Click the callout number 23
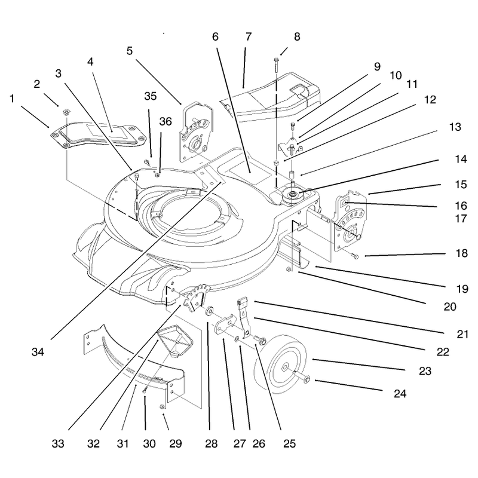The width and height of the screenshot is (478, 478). click(425, 371)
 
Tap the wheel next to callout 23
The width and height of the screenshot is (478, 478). click(280, 364)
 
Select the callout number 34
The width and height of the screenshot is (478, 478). click(38, 352)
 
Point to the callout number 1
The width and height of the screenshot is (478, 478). click(12, 99)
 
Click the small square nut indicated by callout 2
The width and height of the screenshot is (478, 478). click(65, 112)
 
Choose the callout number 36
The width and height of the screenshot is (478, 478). click(166, 121)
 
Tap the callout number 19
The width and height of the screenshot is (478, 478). click(462, 289)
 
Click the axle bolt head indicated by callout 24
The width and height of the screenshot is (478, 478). click(307, 379)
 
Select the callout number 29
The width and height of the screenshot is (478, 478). click(176, 443)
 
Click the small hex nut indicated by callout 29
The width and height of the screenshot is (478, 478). click(162, 406)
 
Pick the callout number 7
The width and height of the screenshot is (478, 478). click(249, 36)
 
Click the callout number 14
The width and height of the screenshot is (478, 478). click(460, 159)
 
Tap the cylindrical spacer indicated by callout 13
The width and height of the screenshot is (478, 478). click(292, 176)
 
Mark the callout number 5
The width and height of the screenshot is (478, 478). click(130, 51)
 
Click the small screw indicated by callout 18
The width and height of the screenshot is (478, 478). click(356, 256)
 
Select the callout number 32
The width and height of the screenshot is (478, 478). click(93, 443)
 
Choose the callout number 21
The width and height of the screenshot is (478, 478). click(462, 334)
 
